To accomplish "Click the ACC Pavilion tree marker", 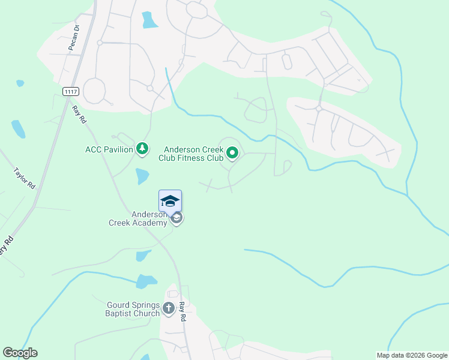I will (x=142, y=148).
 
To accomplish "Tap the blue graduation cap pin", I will (x=170, y=201).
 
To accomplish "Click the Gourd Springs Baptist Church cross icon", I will (x=169, y=309).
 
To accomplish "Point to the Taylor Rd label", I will (x=25, y=179).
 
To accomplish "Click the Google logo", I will (x=20, y=353).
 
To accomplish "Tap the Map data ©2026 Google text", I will (x=412, y=355).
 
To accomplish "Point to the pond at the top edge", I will (x=149, y=20).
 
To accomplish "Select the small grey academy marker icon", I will (x=176, y=218).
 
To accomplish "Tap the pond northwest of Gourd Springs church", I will (x=146, y=281).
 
